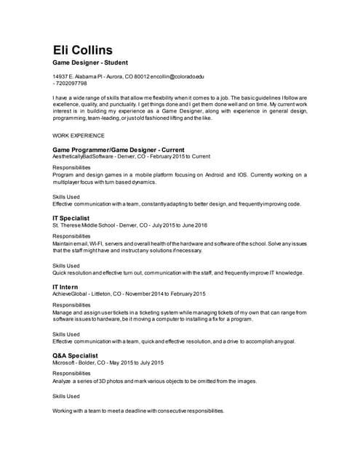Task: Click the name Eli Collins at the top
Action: click(82, 50)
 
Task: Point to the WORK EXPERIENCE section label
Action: click(79, 135)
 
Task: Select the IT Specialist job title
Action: click(71, 218)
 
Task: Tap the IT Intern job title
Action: click(65, 287)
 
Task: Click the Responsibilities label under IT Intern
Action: click(71, 305)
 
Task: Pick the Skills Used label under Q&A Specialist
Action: click(66, 396)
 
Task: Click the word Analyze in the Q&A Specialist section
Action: click(63, 381)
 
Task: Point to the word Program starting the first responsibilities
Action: click(63, 174)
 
